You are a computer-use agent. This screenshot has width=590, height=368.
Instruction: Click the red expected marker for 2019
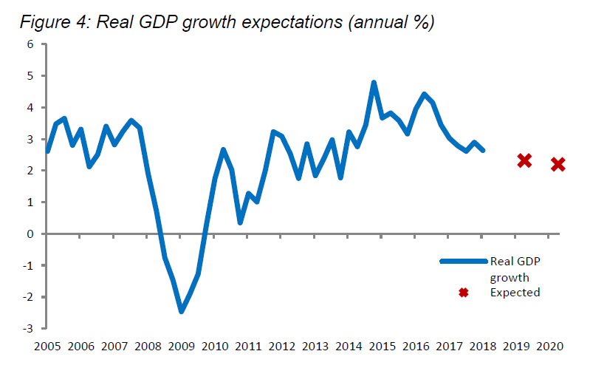point(524,160)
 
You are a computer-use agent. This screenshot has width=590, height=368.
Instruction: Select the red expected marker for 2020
point(558,164)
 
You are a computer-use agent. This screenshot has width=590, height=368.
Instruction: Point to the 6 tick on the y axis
point(31,44)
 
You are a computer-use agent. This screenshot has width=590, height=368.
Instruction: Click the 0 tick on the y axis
point(31,234)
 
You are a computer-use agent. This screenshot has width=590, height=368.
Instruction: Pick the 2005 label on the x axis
point(47,346)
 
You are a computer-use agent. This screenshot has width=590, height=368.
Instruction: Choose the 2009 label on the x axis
point(181,346)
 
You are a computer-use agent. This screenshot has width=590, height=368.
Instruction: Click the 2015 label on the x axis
point(382,346)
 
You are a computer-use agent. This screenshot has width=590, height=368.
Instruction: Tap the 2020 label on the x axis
point(549,346)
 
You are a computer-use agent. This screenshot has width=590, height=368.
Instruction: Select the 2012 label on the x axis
point(281,346)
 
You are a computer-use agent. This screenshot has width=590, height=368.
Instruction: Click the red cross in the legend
point(464,293)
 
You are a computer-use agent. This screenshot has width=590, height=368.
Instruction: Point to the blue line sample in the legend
point(464,261)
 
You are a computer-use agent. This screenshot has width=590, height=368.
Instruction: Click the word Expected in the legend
point(515,293)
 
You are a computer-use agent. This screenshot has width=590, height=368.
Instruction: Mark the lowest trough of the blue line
point(181,311)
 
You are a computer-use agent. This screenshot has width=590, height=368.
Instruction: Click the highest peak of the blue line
point(374,83)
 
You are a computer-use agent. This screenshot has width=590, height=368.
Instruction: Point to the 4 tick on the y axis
point(31,107)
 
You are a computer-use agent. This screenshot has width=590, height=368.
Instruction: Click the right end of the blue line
point(482,150)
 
